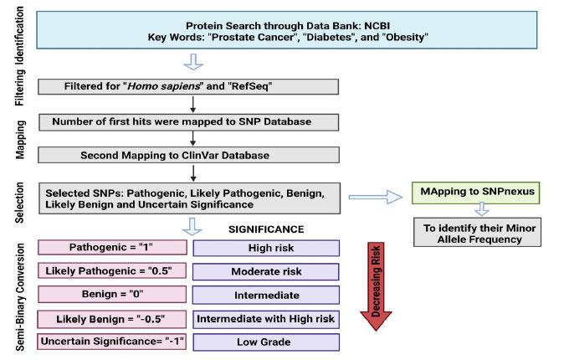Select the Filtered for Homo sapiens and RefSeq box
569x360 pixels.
[x=188, y=87]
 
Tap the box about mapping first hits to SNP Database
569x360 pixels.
[x=188, y=121]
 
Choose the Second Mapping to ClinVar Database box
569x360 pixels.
[x=188, y=156]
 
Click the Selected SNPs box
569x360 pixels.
[x=188, y=199]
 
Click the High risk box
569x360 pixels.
[x=266, y=248]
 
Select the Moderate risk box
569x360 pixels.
[x=266, y=271]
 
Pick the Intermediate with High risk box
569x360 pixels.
[x=266, y=319]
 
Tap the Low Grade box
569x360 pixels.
[x=266, y=342]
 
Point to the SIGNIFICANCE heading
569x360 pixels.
[x=266, y=228]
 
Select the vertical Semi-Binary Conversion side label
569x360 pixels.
[x=18, y=293]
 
